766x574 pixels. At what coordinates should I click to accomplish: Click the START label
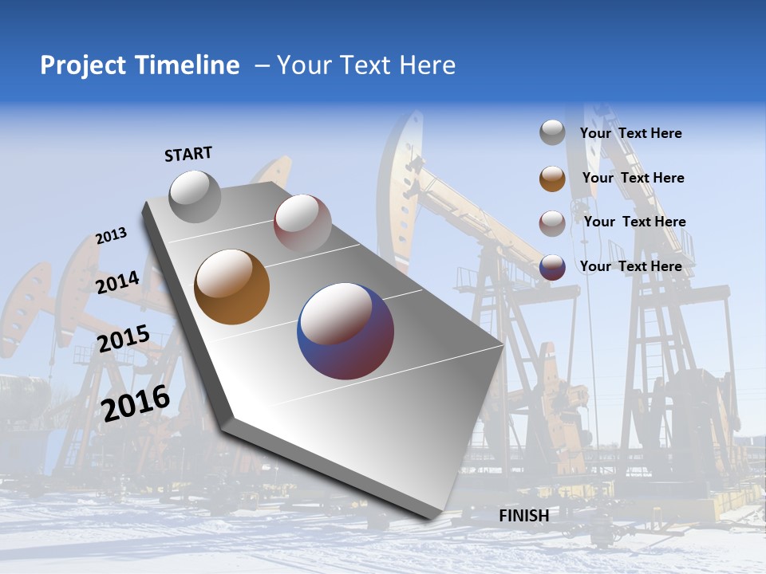[188, 154]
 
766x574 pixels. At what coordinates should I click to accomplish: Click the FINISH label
[523, 516]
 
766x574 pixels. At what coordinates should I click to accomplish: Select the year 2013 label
[111, 236]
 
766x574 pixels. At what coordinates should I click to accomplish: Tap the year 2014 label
[118, 282]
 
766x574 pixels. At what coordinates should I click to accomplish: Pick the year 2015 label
[123, 338]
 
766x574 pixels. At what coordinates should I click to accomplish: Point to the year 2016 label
[136, 403]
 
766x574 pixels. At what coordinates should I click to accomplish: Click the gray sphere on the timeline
[195, 196]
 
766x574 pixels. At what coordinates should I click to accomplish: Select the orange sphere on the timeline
[232, 287]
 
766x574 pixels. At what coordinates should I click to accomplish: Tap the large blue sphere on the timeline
[345, 331]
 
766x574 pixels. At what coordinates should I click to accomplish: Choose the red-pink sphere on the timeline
[302, 222]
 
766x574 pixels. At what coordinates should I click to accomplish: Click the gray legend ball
[552, 132]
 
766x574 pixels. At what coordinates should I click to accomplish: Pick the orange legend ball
[552, 179]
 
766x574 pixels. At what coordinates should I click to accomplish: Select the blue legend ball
[552, 267]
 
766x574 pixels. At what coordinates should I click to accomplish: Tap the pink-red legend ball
[552, 223]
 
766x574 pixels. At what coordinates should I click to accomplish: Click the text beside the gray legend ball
[630, 133]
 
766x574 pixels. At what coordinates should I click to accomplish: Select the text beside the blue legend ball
[630, 266]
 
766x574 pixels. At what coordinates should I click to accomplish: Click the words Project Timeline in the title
[140, 65]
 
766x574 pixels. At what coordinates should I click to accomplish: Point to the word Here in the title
[428, 65]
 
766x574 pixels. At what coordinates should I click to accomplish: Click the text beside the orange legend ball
[633, 178]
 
